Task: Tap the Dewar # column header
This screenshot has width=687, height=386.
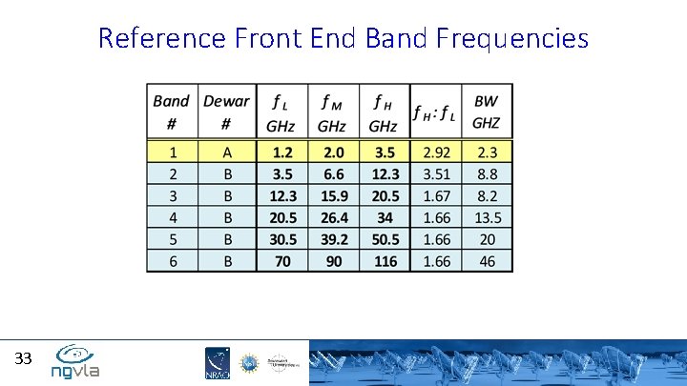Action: (226, 112)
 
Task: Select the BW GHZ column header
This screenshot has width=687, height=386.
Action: (487, 112)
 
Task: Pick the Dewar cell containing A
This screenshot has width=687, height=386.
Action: (226, 152)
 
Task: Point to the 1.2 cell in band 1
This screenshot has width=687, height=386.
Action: (282, 152)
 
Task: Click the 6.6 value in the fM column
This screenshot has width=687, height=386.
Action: (332, 173)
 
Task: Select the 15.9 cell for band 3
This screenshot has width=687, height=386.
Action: (332, 195)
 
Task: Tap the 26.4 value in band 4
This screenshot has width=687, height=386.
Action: (332, 217)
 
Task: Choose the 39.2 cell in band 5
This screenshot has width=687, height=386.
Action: (332, 239)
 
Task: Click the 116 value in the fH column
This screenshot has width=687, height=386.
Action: (384, 261)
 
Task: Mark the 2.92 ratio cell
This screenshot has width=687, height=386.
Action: (435, 152)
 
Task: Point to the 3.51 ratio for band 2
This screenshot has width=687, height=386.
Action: (435, 173)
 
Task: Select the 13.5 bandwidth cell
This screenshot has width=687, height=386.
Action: (487, 217)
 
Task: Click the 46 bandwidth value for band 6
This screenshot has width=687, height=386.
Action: (487, 261)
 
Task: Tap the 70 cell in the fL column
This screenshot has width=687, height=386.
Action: (282, 261)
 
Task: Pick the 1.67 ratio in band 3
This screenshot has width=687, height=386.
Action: (435, 195)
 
